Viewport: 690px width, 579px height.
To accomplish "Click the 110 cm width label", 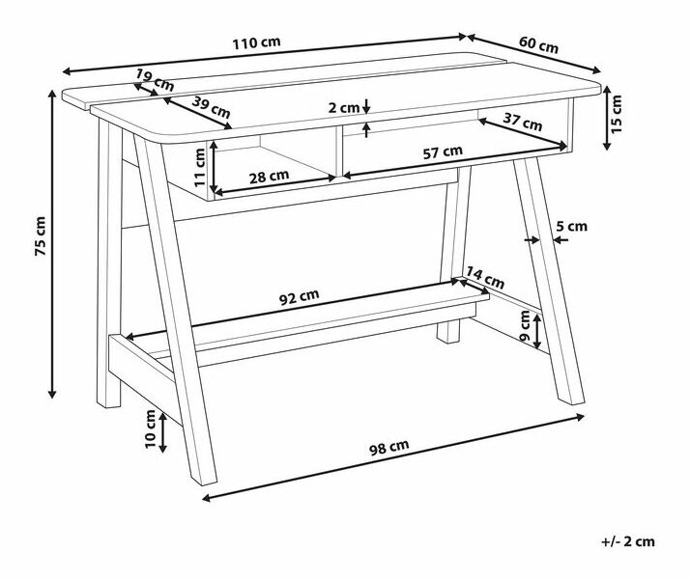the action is (x=256, y=43).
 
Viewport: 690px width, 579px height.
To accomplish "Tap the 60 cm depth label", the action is (x=538, y=44).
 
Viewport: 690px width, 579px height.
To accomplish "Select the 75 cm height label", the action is (x=40, y=235).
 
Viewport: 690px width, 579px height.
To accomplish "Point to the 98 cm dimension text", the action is (x=389, y=447).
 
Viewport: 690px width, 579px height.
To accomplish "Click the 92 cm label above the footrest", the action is (x=300, y=297).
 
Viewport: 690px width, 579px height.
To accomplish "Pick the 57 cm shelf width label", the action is (x=443, y=152).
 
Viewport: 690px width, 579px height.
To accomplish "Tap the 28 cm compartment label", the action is (x=269, y=177).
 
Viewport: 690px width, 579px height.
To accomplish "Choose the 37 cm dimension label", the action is (x=523, y=122).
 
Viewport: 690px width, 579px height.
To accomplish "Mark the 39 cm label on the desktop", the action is (x=212, y=108).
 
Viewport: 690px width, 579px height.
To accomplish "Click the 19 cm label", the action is (x=155, y=80).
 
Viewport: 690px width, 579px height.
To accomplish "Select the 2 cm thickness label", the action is (x=344, y=108).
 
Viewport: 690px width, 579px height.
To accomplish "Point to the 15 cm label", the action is (x=617, y=114).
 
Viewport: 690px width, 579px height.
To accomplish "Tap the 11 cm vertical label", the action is (x=199, y=167).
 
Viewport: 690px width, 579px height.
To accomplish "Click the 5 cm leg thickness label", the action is (x=572, y=226).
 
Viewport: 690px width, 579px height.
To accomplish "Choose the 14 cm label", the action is (x=485, y=278).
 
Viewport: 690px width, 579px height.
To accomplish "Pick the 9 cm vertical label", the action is (x=525, y=326).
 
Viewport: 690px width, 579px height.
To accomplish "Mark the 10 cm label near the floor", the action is (x=150, y=428).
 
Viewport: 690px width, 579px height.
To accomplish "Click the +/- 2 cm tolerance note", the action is (x=628, y=541).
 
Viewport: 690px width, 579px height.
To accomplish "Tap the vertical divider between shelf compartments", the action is (x=339, y=152).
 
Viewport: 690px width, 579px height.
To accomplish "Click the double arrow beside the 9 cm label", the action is (x=537, y=332).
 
